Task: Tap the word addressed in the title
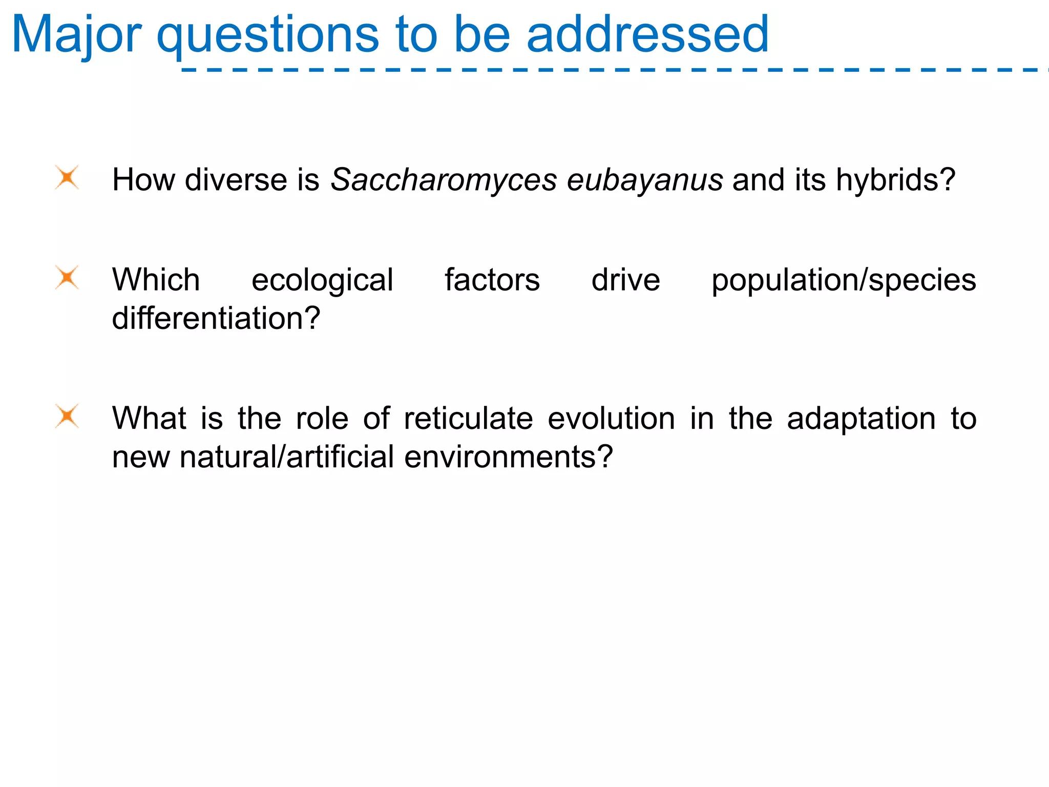(647, 35)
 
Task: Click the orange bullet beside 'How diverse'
(67, 178)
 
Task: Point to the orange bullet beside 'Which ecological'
(67, 278)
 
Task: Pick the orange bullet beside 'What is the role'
(67, 416)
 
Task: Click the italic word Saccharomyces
(444, 180)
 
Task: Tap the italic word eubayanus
(645, 180)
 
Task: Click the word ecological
(322, 280)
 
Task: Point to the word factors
(492, 280)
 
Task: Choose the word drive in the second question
(625, 280)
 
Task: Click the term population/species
(844, 280)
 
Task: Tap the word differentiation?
(216, 319)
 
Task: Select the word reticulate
(468, 419)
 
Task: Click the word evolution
(611, 419)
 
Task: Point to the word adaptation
(861, 419)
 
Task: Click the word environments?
(508, 457)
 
